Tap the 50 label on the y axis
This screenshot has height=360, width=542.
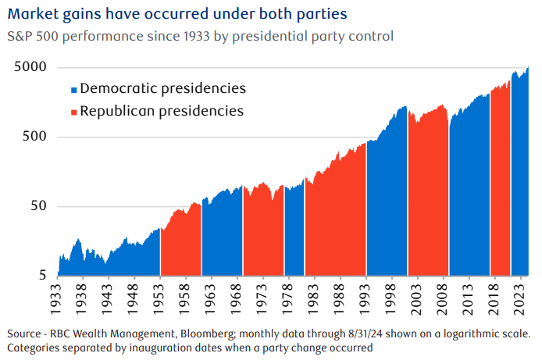click(x=40, y=207)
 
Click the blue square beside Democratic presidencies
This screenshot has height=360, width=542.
click(x=74, y=89)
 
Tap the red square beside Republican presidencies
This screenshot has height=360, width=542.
click(x=74, y=112)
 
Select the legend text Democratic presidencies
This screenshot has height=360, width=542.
click(x=163, y=88)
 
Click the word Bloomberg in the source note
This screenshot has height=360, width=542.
click(x=217, y=331)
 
